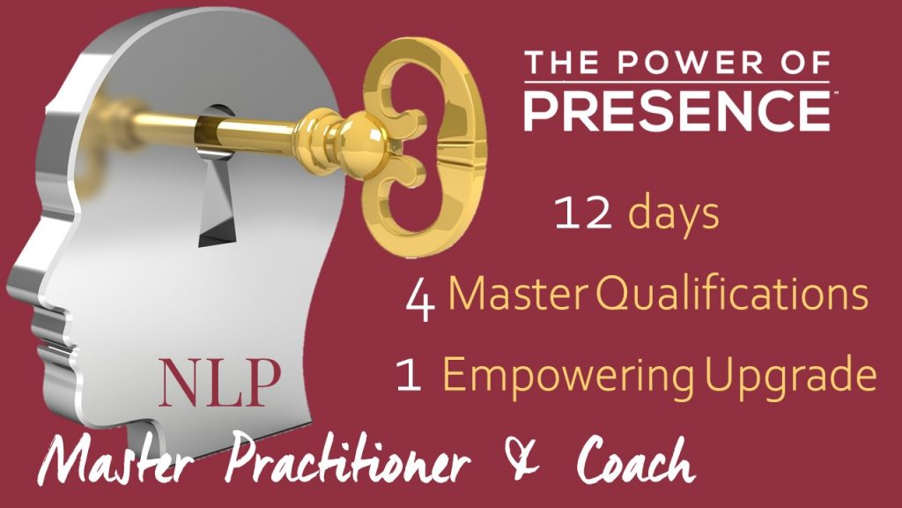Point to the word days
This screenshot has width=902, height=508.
[673, 216]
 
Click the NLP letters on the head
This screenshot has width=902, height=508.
[219, 380]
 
